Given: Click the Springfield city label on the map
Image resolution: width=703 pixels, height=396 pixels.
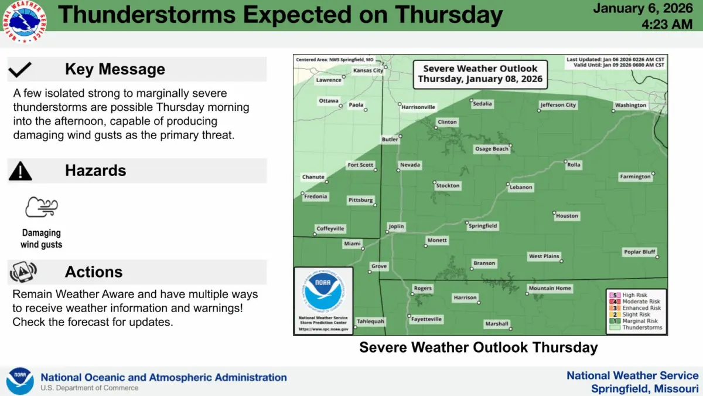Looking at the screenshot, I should coord(483,226).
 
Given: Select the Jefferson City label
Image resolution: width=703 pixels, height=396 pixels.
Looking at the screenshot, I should coord(558,105).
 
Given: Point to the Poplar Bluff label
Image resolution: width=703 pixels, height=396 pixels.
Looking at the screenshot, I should coord(639,252).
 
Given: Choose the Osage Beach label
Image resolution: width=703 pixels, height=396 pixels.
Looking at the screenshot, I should coord(492,149).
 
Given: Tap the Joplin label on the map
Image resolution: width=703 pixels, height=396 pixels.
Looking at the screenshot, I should coord(396,226).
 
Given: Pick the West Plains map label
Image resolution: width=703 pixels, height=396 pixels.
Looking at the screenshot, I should coord(544,256).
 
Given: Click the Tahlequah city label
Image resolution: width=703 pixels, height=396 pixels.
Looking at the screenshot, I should coord(371,321).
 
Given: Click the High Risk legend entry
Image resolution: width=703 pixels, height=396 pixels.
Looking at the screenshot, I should coord(636,295).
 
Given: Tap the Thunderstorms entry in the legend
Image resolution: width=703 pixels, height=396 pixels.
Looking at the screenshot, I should coord(642,327).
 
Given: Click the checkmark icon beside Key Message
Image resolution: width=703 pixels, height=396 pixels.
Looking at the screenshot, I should coord(20,70).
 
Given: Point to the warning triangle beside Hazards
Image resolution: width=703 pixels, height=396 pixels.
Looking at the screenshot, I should coord(21,171).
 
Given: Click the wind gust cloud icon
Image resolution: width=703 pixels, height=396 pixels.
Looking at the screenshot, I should coord(42,208).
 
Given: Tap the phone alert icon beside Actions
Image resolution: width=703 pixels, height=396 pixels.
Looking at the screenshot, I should coord(23,272).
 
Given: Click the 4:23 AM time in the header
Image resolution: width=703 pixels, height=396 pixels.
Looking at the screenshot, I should coord(668,24).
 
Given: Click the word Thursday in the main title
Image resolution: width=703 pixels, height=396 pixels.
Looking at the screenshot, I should coord(448,15).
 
